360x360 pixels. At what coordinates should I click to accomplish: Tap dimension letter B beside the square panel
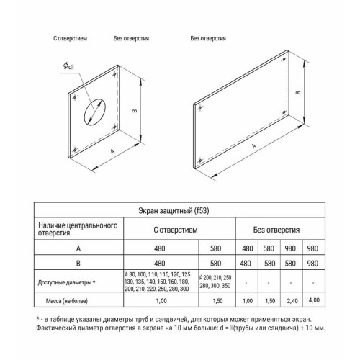click(x=134, y=111)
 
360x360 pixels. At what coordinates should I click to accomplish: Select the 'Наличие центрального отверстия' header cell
click(x=76, y=230)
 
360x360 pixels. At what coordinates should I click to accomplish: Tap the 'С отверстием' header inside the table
click(x=176, y=230)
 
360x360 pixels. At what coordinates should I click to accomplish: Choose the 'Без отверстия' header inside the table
click(x=278, y=230)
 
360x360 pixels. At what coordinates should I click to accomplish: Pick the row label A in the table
click(x=76, y=249)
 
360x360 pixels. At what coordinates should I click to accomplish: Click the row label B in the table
click(x=76, y=264)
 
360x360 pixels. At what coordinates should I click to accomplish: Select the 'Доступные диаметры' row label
click(x=76, y=282)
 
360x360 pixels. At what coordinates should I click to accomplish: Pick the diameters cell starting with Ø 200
click(x=216, y=282)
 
